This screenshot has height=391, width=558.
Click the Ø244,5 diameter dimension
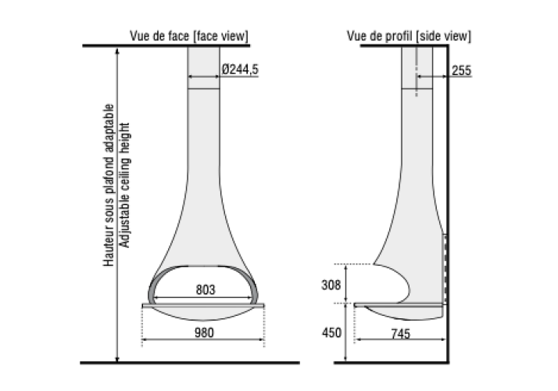click(x=240, y=69)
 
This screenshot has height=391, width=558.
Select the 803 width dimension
click(x=206, y=290)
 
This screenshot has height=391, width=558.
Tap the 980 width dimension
click(x=204, y=332)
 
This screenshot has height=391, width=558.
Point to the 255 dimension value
click(x=462, y=70)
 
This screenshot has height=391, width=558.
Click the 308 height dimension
click(x=331, y=285)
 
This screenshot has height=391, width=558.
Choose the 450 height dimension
click(x=331, y=332)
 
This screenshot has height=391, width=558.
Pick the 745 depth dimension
click(x=400, y=334)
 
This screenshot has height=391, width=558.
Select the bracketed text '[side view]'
click(x=443, y=36)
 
